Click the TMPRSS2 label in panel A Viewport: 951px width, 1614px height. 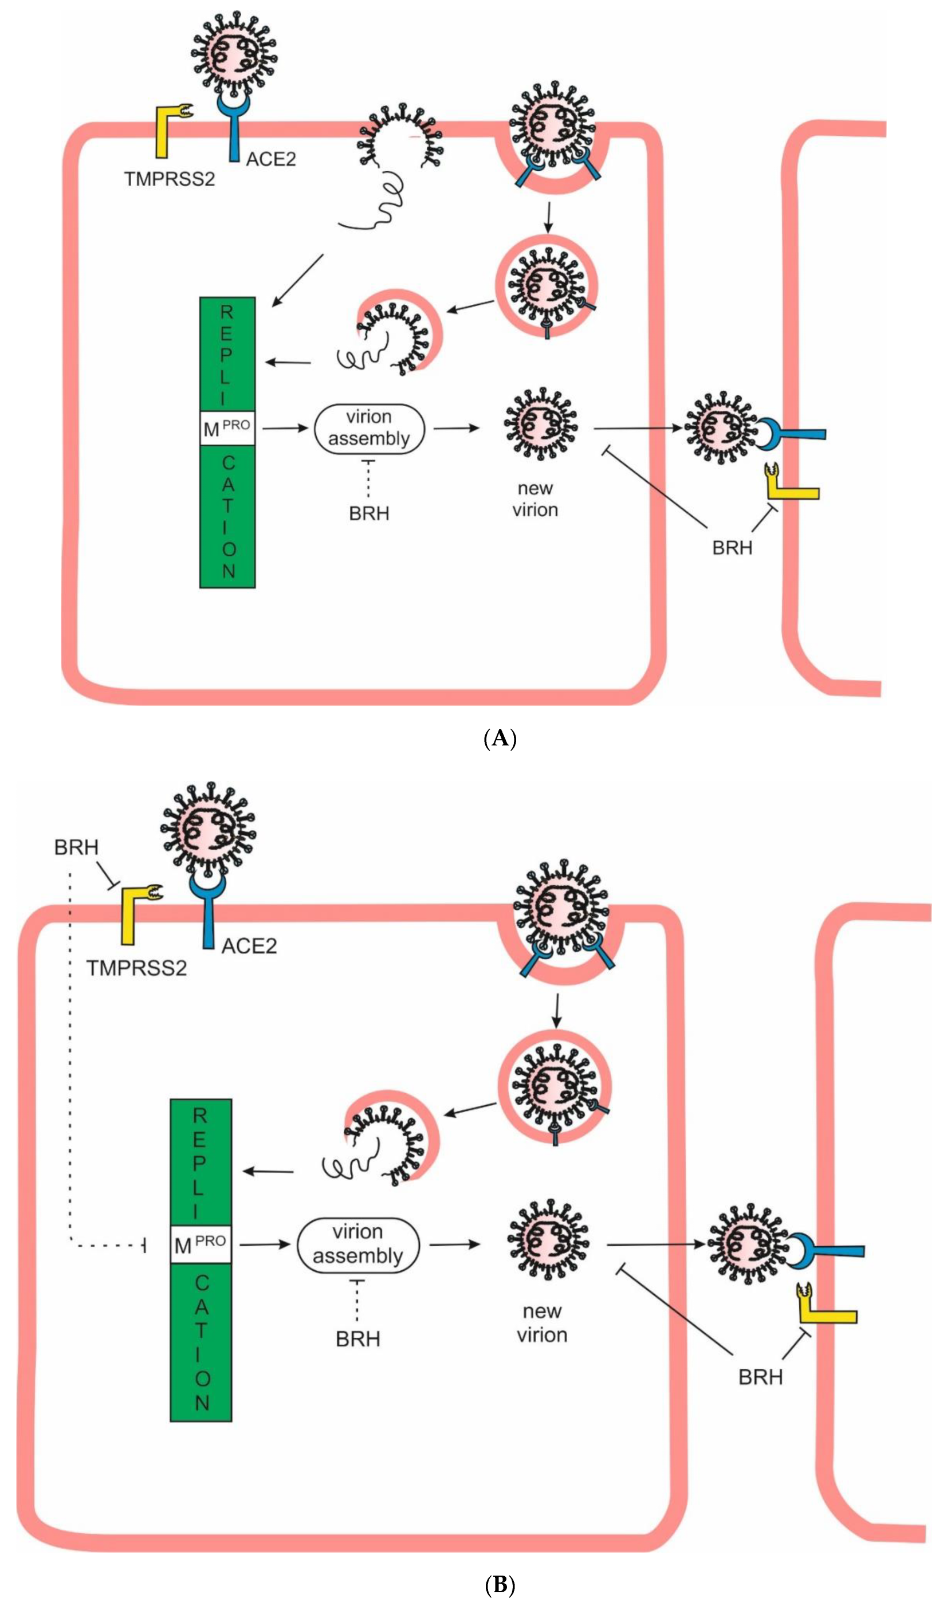(x=169, y=179)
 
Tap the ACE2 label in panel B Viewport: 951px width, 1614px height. (x=249, y=947)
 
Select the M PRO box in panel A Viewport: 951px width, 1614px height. (x=227, y=428)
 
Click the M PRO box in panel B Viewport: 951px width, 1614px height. (x=201, y=1244)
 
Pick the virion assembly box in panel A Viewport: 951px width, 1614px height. (x=369, y=428)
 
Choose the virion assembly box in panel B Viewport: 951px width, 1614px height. (x=358, y=1244)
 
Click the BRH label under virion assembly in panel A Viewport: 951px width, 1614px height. (x=369, y=514)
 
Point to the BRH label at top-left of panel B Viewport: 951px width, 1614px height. (x=76, y=848)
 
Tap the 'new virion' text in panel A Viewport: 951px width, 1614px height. (x=535, y=499)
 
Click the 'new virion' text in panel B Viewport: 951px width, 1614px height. (x=542, y=1323)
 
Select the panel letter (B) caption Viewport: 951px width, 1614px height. (x=500, y=1586)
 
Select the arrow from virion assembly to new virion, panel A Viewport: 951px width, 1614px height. (x=455, y=428)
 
